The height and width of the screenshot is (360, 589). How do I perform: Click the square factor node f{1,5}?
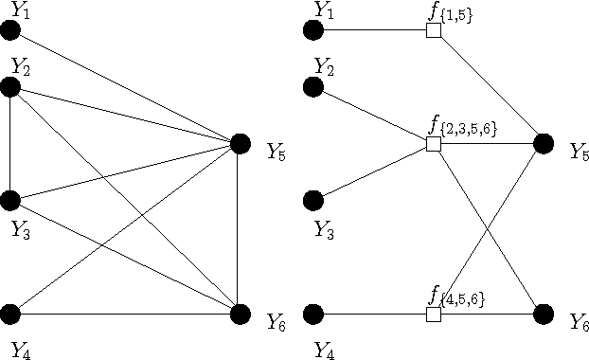point(434,30)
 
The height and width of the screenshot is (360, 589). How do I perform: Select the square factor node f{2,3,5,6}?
point(434,144)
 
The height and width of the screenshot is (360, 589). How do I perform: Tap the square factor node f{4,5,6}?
point(434,314)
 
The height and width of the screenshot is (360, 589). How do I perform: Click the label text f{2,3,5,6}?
point(463,125)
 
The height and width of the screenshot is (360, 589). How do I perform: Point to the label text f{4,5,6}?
point(457,297)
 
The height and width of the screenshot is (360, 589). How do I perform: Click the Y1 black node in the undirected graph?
point(11,30)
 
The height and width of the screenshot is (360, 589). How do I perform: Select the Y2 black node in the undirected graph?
point(11,87)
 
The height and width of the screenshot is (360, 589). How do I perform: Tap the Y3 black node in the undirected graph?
point(11,201)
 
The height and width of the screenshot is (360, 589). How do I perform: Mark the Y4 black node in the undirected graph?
point(11,314)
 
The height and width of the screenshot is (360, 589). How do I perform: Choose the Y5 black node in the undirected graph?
point(241,144)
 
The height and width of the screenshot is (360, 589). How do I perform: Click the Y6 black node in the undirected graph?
point(241,314)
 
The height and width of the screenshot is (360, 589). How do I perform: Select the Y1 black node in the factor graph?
point(314,30)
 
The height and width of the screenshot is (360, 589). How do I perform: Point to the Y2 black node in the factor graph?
point(314,87)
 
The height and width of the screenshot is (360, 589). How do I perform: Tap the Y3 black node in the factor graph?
point(314,201)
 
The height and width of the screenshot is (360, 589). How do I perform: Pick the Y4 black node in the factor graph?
point(314,314)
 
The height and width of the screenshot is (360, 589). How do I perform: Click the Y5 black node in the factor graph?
point(544,144)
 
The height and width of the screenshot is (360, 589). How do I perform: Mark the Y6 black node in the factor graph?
point(544,314)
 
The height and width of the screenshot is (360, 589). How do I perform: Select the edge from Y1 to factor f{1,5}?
point(374,30)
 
